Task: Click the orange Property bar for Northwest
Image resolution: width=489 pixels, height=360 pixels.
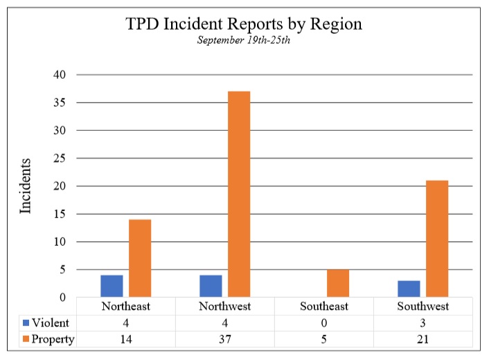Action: coord(239,194)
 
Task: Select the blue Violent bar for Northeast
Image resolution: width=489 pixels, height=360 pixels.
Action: coord(111,286)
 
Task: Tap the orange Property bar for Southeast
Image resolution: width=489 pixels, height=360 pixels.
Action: coord(338,283)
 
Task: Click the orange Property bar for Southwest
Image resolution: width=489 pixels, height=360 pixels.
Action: coord(437,239)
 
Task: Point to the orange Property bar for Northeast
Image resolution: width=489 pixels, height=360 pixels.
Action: coord(140,258)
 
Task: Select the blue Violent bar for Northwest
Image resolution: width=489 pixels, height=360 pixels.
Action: coord(211,286)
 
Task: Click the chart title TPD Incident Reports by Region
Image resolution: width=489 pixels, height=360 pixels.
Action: coord(244,24)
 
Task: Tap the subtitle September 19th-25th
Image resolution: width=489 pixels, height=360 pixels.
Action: coord(244,41)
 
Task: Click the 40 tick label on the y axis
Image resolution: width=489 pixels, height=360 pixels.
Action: coord(60,75)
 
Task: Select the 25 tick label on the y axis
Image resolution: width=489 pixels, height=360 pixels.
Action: coord(60,159)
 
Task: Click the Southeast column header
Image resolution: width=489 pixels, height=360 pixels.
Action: coord(324,306)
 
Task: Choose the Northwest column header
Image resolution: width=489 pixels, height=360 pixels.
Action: coord(225,306)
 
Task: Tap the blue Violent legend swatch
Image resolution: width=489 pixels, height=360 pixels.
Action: coord(26,323)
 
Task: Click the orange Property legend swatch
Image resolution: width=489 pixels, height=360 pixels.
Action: coord(26,339)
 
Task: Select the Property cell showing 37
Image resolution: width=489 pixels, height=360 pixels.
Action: coord(225,339)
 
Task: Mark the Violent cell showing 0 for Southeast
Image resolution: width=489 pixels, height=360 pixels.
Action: coord(324,323)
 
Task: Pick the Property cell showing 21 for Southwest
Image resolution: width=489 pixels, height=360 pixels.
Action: coord(423,339)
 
